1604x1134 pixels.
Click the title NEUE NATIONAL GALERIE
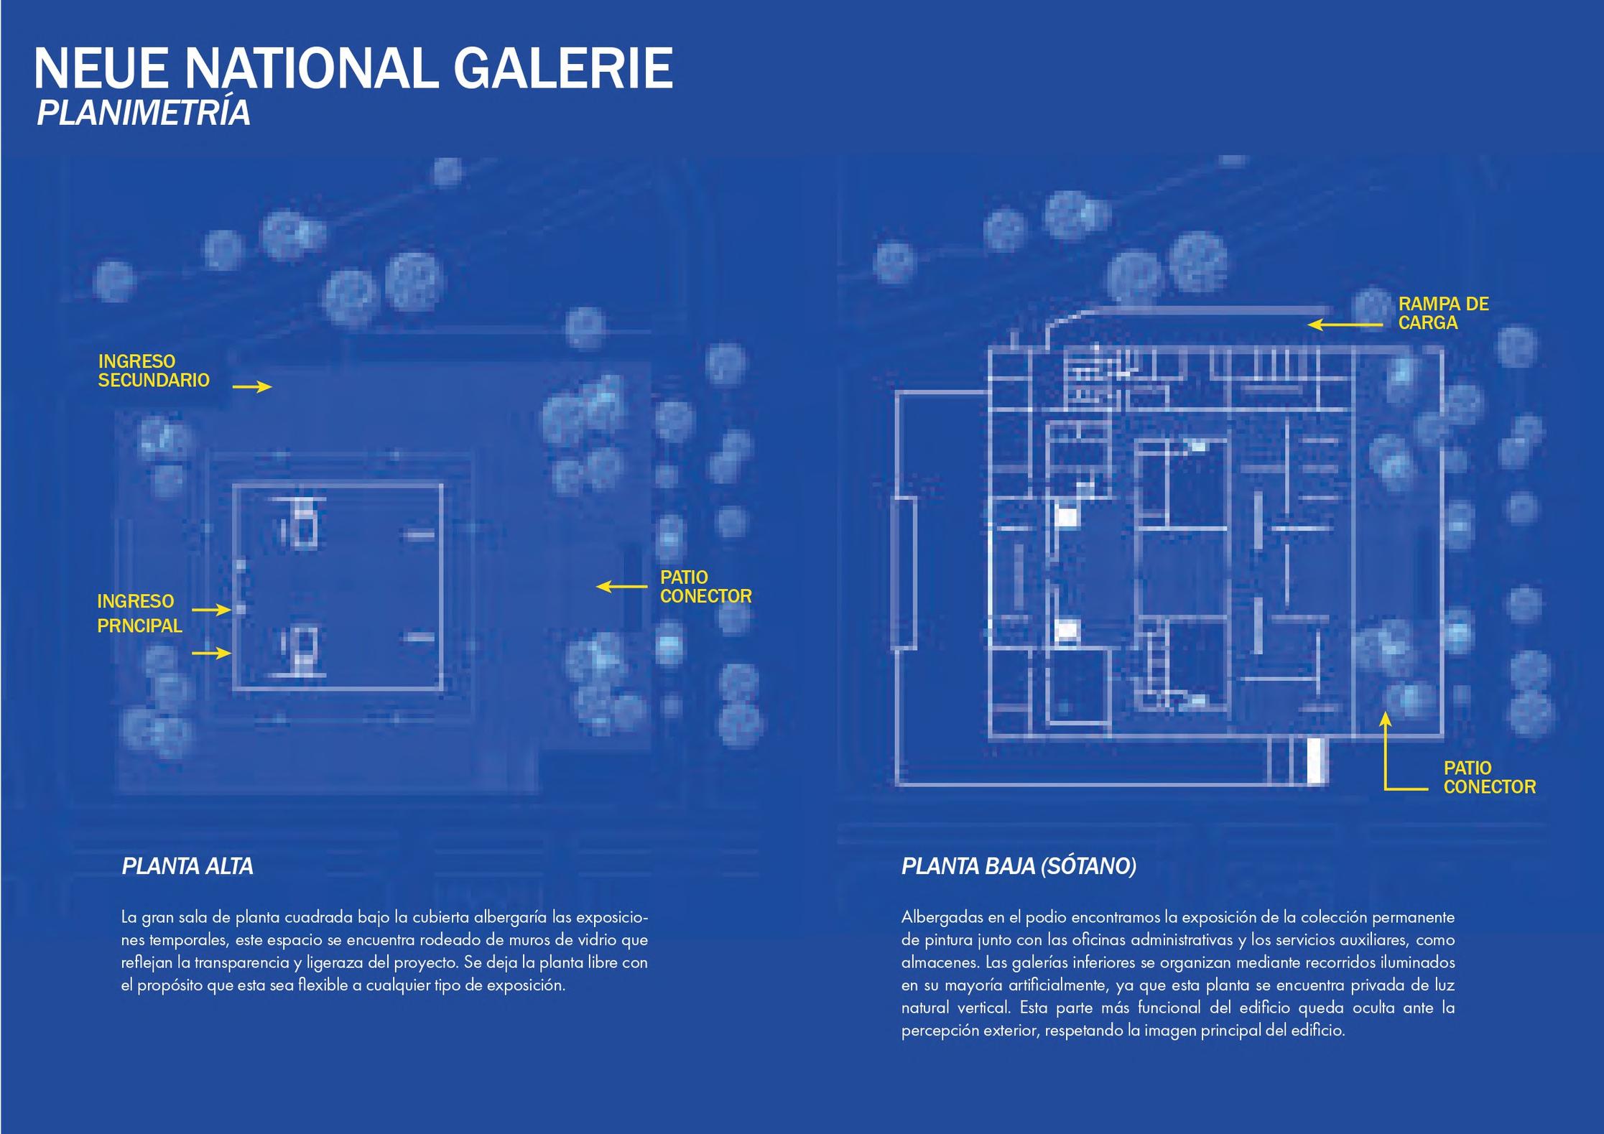[x=353, y=69]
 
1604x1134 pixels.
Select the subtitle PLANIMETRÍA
[x=143, y=113]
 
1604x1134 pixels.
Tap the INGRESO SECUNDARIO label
[x=154, y=371]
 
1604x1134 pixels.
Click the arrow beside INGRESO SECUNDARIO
[x=252, y=387]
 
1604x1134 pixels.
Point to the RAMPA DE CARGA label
[x=1442, y=313]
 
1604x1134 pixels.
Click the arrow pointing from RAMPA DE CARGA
[x=1344, y=325]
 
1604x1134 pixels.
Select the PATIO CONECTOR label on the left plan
[x=705, y=587]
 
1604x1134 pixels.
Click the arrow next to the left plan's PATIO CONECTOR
[x=621, y=587]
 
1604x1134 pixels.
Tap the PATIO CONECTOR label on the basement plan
[x=1489, y=777]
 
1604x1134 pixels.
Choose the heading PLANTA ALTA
[x=187, y=867]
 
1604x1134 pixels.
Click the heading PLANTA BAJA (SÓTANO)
[x=1019, y=867]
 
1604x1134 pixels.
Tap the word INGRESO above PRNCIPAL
[x=135, y=601]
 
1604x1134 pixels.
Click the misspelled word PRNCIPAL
[x=139, y=626]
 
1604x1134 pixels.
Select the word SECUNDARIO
[x=154, y=381]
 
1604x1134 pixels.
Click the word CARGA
[x=1427, y=323]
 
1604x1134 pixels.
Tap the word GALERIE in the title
[x=563, y=69]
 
